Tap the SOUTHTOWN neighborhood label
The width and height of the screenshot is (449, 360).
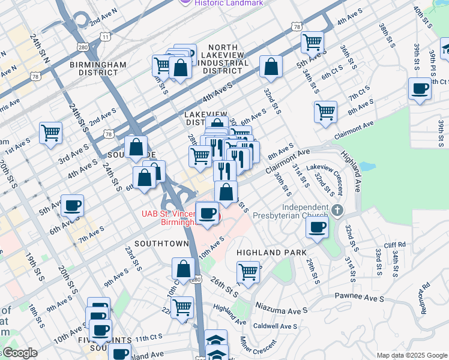tap(161, 244)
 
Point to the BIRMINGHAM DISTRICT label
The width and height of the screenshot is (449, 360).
tap(98, 68)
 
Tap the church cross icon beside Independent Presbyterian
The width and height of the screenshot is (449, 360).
tap(337, 210)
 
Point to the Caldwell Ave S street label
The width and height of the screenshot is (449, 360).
tap(276, 326)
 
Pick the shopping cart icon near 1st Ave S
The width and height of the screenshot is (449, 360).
tap(50, 132)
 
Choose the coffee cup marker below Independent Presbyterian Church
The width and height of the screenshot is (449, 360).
tap(317, 227)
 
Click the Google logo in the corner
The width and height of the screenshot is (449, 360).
tap(20, 353)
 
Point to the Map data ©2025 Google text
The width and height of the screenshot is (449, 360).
tap(411, 355)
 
